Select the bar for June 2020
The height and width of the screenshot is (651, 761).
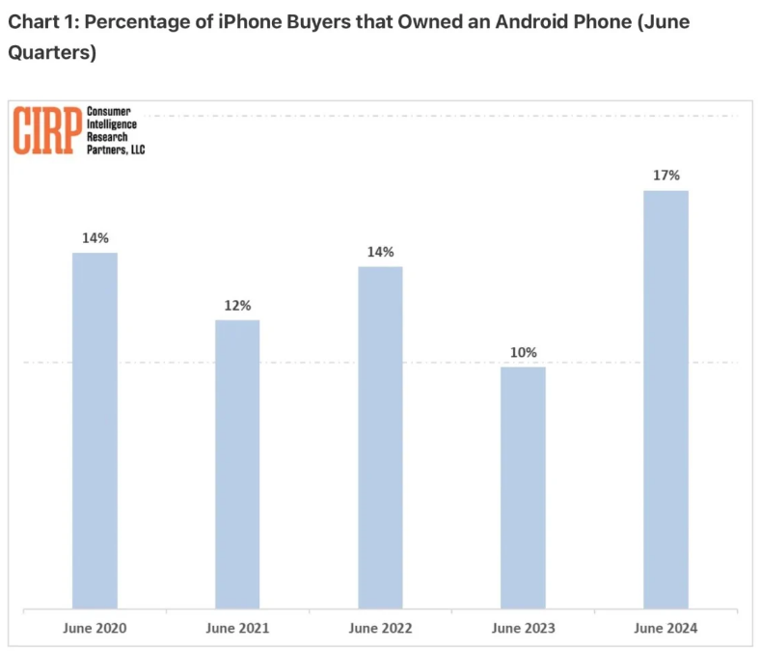tap(95, 430)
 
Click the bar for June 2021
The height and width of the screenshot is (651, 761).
tap(237, 464)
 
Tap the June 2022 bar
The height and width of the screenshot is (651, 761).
tap(380, 437)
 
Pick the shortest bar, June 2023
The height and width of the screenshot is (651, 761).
tap(523, 487)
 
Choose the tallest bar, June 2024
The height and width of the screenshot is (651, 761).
tap(666, 399)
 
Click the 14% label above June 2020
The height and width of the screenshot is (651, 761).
tap(95, 237)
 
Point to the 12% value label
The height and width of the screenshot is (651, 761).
tap(237, 305)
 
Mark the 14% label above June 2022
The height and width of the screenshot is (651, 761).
tap(380, 252)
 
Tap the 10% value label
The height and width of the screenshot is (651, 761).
tap(523, 352)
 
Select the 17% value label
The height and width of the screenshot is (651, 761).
tap(666, 176)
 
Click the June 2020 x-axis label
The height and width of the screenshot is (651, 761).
tap(95, 628)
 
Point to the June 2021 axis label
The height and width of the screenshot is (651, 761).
tap(237, 628)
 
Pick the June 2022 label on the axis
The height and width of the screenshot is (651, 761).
tap(380, 628)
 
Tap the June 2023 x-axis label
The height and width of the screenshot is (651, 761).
tap(523, 628)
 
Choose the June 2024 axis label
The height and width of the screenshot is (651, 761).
tap(666, 628)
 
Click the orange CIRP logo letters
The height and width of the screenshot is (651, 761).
tap(46, 130)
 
